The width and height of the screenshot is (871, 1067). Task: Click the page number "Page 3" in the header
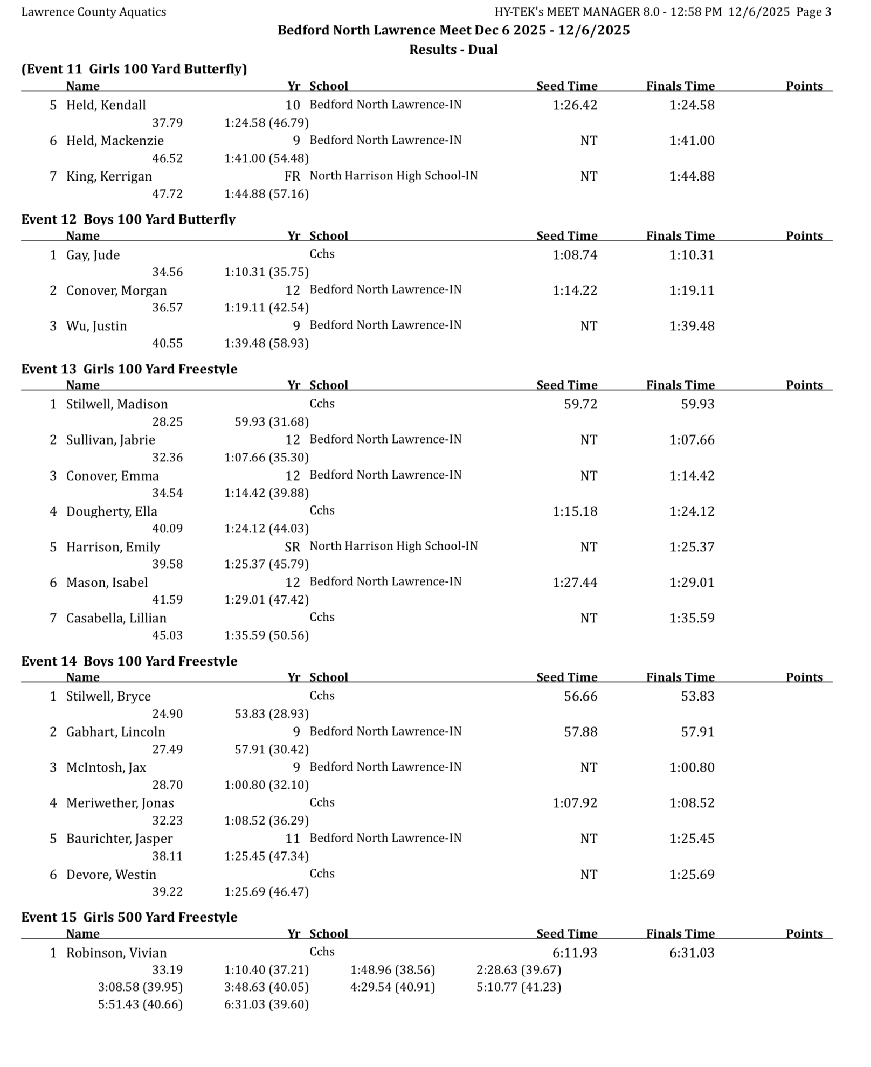[x=813, y=12]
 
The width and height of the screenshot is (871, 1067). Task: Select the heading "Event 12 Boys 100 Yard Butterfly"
[x=128, y=219]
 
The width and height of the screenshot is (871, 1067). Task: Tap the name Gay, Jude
[x=93, y=255]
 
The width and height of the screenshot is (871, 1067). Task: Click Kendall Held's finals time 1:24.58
[x=692, y=105]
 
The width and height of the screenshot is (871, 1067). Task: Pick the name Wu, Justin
[x=96, y=326]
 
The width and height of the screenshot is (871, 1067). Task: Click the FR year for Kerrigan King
[x=292, y=176]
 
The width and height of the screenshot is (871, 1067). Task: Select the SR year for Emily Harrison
[x=292, y=547]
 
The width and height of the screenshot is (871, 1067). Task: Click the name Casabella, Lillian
[x=116, y=618]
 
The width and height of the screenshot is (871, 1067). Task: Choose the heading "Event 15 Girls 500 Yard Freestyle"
[x=129, y=917]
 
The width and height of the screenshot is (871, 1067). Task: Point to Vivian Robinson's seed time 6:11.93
[x=575, y=953]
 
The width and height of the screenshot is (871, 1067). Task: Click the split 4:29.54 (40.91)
[x=392, y=987]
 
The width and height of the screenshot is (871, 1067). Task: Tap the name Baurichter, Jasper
[x=119, y=839]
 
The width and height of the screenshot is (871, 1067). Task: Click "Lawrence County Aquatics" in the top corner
[x=94, y=12]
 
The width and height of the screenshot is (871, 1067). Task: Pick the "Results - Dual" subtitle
[x=453, y=50]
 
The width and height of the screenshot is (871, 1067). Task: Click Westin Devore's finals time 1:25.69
[x=692, y=874]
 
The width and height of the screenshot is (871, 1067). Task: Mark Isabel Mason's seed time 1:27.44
[x=575, y=583]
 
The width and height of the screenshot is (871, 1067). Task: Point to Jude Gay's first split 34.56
[x=167, y=272]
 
